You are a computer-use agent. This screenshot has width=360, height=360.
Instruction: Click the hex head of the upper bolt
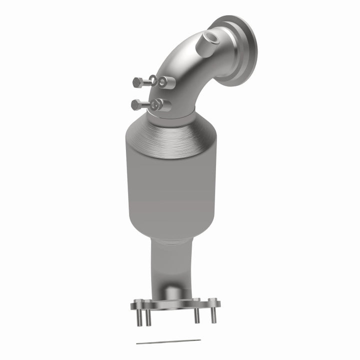coord(136,81)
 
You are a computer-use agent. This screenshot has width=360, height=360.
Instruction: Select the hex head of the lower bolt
coord(135,104)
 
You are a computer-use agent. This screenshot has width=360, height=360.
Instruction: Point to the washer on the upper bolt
coord(151,81)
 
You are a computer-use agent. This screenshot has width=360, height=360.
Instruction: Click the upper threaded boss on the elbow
coord(164,81)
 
